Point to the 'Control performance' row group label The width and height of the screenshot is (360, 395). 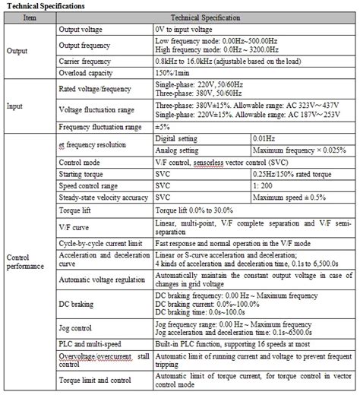[x=26, y=262]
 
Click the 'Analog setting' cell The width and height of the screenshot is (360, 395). [x=181, y=150]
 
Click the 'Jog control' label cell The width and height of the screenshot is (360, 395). [x=77, y=331]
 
